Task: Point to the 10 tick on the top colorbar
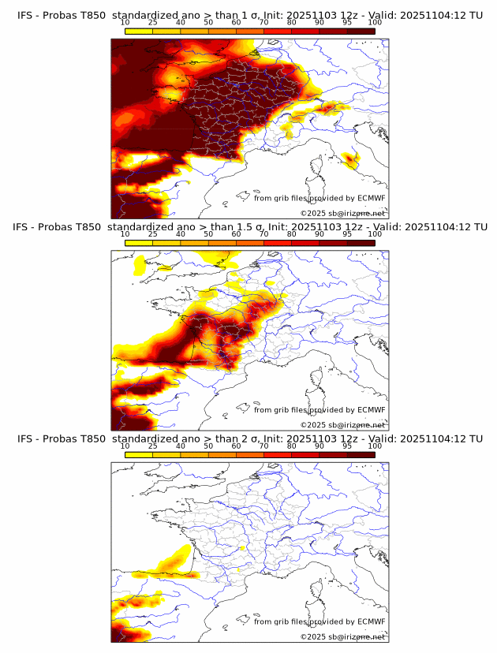pos(125,23)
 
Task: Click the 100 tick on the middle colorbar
pos(375,234)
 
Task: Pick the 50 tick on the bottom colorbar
pos(208,446)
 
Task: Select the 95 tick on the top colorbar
pos(347,23)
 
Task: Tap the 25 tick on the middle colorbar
pos(153,234)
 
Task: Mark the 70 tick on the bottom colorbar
pos(263,446)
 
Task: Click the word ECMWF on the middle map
pos(371,409)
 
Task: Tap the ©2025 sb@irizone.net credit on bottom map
pos(342,636)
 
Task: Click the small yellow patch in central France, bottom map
pos(243,547)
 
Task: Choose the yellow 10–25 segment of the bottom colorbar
pos(139,454)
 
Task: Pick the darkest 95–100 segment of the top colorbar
pos(361,31)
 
